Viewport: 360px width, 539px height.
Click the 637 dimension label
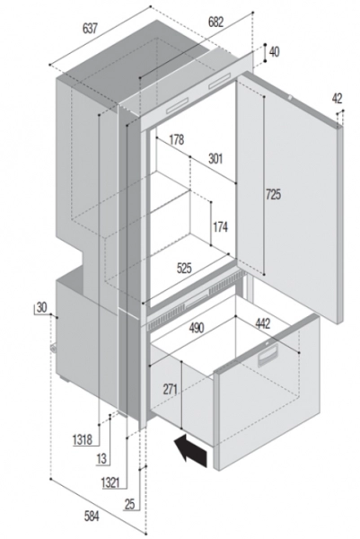click(90, 29)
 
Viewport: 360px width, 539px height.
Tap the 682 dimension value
click(215, 22)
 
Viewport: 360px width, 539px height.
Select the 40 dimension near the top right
click(274, 52)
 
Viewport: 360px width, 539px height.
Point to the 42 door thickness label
click(337, 99)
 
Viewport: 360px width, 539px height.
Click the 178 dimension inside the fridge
click(177, 140)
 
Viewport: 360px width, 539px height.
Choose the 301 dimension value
click(215, 159)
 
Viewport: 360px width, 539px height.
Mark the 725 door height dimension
click(274, 195)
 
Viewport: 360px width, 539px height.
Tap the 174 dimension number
click(220, 227)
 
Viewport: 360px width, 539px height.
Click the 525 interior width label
click(184, 268)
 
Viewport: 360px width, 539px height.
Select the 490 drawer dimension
click(196, 327)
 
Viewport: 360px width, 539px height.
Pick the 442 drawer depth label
click(263, 323)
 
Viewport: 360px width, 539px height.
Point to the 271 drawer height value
click(171, 390)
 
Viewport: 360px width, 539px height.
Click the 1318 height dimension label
click(83, 439)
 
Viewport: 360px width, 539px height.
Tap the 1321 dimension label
click(110, 483)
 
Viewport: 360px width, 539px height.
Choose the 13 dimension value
click(102, 458)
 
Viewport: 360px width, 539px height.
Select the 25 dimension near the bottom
click(130, 504)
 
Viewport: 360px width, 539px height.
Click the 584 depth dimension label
click(92, 516)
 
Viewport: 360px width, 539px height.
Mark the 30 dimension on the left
click(41, 307)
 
